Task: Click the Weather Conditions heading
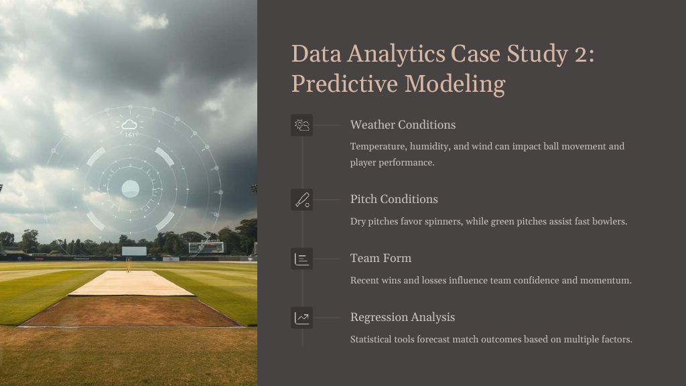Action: pos(403,125)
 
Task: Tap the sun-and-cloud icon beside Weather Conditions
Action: pos(302,125)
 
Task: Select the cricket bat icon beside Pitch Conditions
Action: pos(302,200)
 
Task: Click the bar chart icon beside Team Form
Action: pos(302,259)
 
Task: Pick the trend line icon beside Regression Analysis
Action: pos(302,318)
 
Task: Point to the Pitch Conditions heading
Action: pos(394,199)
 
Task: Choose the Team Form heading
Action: pos(381,258)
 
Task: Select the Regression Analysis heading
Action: pos(403,317)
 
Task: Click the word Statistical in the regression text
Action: pos(370,339)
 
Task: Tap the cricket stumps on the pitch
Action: pos(129,265)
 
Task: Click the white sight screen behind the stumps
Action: pos(134,251)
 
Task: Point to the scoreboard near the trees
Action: pos(206,248)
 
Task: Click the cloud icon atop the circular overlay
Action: pos(129,125)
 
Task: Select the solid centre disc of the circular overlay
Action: pos(131,189)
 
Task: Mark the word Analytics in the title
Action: pos(397,54)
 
